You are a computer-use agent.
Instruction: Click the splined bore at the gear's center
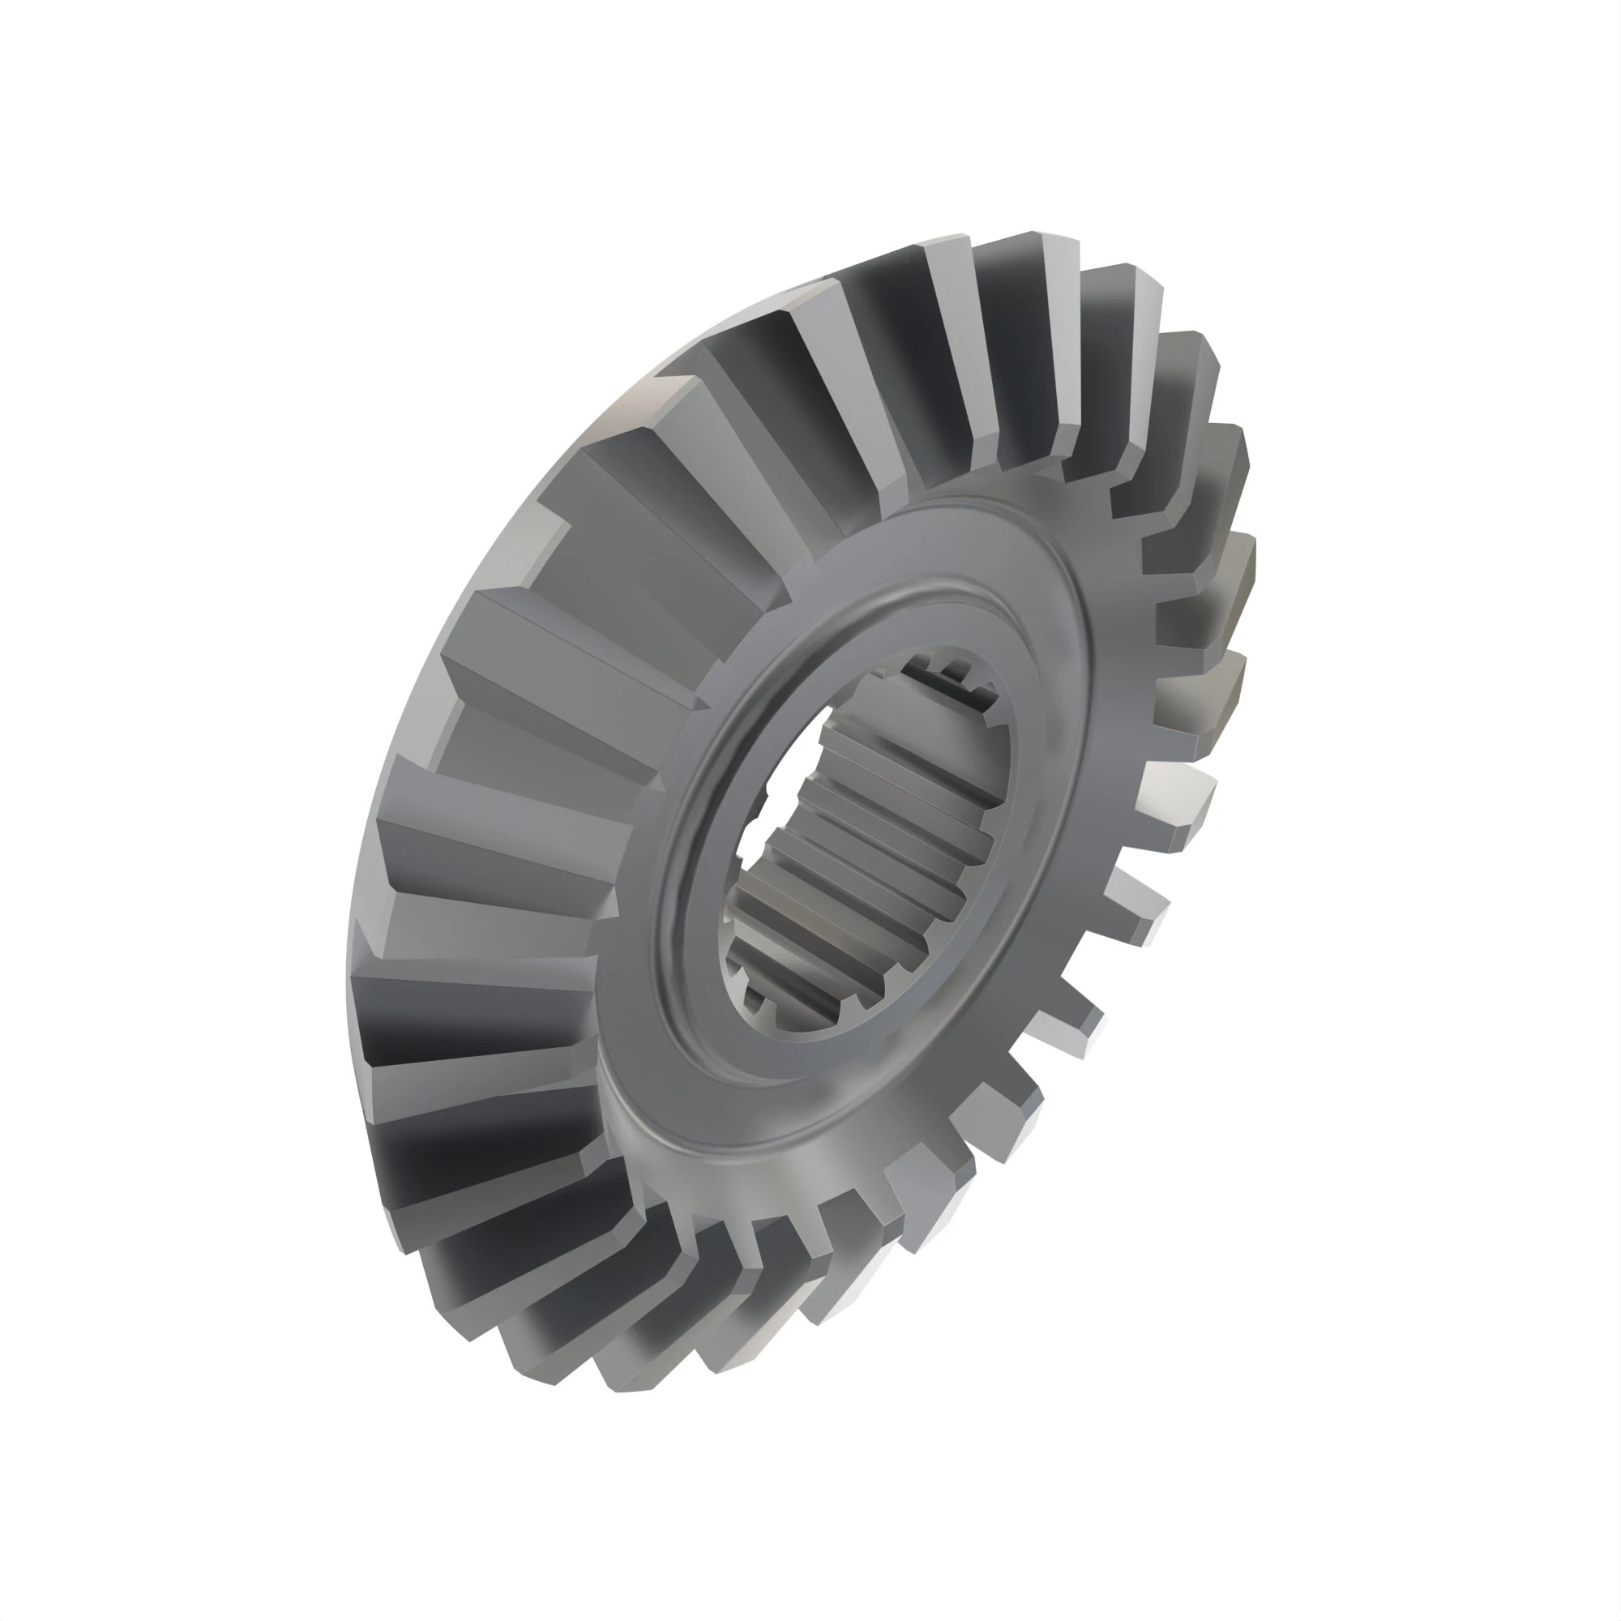pos(868,848)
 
